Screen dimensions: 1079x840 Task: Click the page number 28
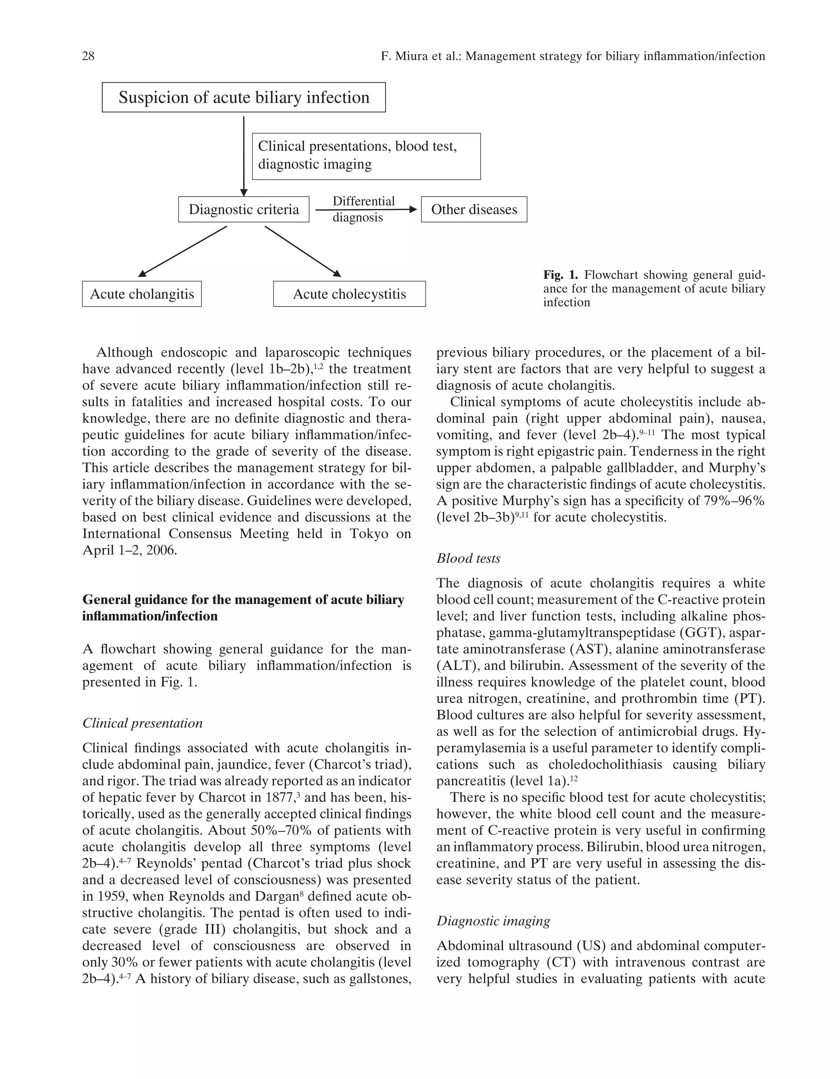(88, 56)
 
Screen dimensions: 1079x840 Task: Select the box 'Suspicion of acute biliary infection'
(244, 97)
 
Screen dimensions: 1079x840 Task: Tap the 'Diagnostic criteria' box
(244, 209)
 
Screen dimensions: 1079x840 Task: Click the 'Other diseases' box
(474, 209)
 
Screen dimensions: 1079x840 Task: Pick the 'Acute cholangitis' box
(142, 294)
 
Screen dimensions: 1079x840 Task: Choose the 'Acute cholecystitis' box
(349, 294)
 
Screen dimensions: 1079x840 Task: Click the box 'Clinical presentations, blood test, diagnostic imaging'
(366, 156)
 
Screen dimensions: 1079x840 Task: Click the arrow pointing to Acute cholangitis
(183, 251)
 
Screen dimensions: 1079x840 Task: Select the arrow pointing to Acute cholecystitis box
(303, 251)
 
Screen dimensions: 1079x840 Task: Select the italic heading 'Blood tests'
(468, 559)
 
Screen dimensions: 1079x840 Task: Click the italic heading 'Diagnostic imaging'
(493, 921)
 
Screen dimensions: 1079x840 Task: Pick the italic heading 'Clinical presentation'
(142, 723)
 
